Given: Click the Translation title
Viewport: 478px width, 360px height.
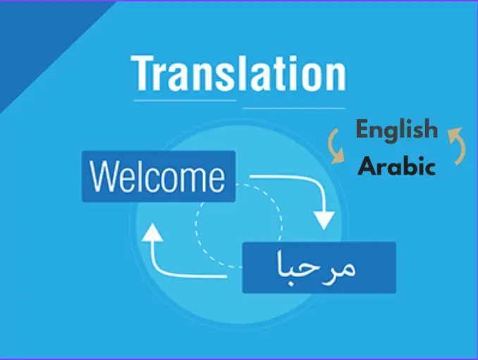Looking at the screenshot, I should click(x=238, y=73).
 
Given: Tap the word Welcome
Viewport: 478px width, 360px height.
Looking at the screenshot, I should click(x=158, y=177).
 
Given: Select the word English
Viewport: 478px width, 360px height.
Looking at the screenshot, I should click(x=396, y=131).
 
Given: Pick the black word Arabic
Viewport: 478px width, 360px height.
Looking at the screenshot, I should click(x=396, y=166).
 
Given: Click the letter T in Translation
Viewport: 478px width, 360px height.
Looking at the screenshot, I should click(x=142, y=73).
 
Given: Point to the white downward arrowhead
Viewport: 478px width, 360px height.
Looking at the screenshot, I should click(x=324, y=219).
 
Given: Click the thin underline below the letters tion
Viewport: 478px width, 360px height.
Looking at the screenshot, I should click(x=293, y=108).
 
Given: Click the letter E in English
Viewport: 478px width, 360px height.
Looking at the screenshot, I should click(x=363, y=130).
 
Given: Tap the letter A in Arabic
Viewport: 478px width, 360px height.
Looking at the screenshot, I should click(x=366, y=166).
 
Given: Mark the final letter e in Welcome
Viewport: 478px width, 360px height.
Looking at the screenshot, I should click(x=214, y=179).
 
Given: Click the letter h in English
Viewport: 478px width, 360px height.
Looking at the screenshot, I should click(x=430, y=130).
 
